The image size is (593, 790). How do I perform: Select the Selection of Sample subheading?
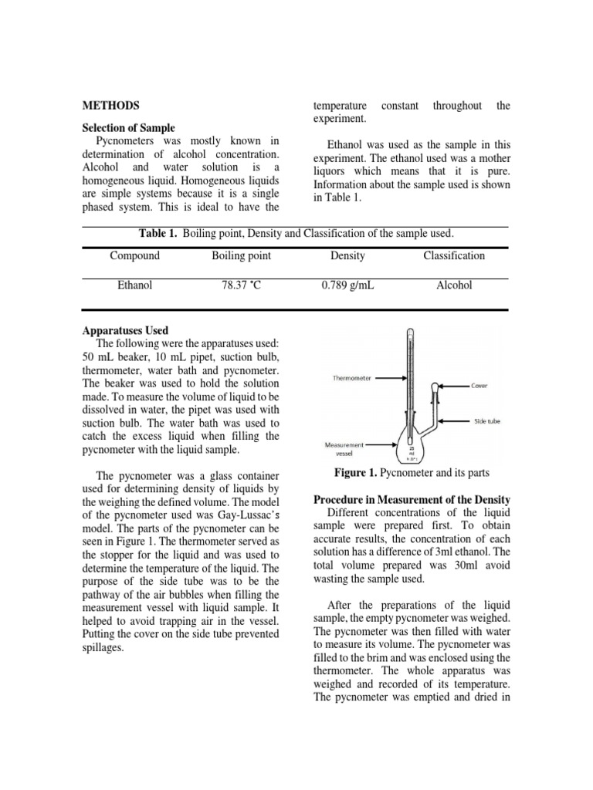coord(128,127)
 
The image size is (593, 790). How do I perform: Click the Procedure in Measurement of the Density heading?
coord(412,500)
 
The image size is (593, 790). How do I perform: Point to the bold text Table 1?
coord(159,233)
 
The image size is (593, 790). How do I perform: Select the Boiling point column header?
coord(241,256)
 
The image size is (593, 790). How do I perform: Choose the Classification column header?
coord(454,256)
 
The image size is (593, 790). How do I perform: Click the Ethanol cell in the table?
coord(134,285)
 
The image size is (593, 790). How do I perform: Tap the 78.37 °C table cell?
coord(241,285)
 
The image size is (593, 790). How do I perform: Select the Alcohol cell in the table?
coord(454,285)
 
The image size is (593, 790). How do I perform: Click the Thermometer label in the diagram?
coord(351,378)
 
